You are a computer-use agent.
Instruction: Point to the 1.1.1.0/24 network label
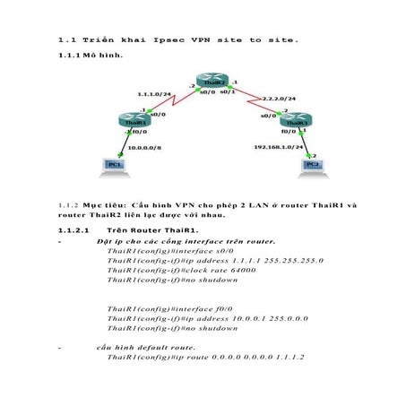click(x=154, y=93)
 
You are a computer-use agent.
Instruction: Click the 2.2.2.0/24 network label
click(x=279, y=98)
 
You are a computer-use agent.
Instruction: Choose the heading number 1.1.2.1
click(x=74, y=230)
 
